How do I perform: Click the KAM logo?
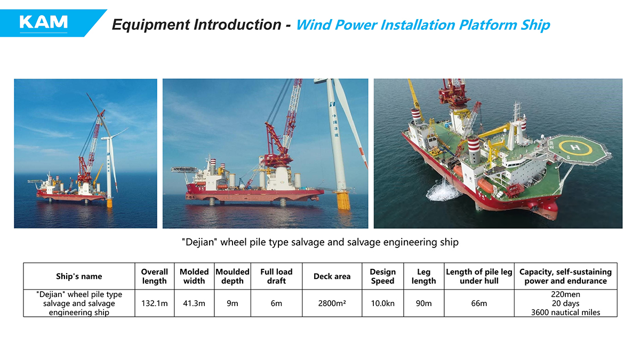43,22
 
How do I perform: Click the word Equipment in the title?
150,25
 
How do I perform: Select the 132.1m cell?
155,303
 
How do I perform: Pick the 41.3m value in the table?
194,303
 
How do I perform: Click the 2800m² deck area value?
332,303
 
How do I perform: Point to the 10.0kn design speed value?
382,303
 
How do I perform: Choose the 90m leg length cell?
423,303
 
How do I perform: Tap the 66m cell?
479,303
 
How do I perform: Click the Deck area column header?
332,276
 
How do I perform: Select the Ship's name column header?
79,276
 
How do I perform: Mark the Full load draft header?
276,276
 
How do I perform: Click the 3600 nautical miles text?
566,313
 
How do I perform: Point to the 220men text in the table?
566,294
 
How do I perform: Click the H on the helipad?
575,147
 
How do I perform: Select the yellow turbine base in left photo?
109,203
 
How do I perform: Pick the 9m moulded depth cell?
233,303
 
